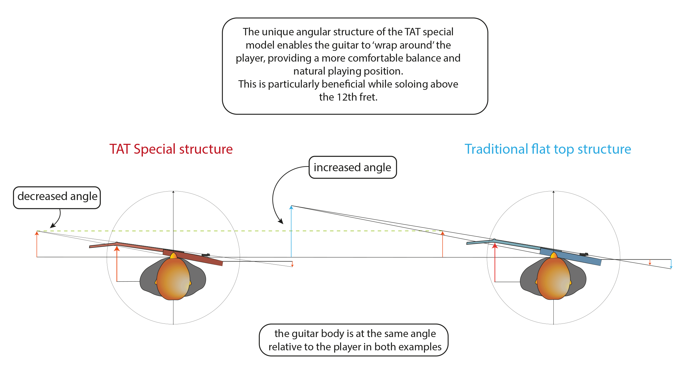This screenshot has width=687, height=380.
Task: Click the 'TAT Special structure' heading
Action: pos(171,149)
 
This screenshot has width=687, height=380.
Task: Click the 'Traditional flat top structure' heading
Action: pos(548,149)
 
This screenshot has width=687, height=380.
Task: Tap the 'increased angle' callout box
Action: pos(352,168)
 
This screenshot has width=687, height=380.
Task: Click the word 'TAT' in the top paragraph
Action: pos(413,32)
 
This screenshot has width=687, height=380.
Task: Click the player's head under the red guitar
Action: pos(173,278)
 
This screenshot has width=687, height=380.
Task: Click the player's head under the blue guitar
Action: pos(553,278)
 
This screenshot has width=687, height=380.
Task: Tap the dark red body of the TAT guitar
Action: pos(195,257)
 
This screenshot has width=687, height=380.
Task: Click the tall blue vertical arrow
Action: pos(291,232)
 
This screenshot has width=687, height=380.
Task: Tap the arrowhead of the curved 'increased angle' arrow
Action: pos(281,222)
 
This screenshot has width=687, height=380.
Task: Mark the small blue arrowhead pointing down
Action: pos(671,267)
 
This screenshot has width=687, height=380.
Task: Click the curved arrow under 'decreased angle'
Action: pos(58,219)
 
